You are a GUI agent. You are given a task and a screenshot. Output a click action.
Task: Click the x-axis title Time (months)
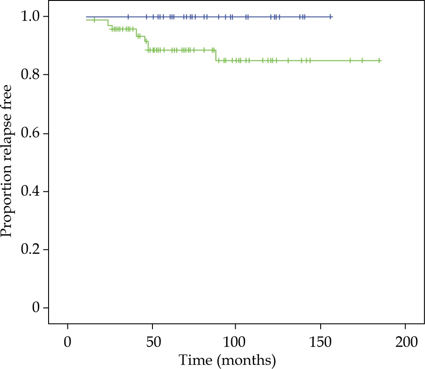[x=227, y=360]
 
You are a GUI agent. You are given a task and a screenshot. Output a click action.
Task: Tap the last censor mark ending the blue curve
[x=331, y=17]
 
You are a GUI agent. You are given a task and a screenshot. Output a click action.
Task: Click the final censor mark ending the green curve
[x=380, y=60]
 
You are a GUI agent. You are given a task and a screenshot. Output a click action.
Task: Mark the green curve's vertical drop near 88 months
[x=216, y=55]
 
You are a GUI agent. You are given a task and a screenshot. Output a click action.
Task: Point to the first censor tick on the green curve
[x=94, y=20]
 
